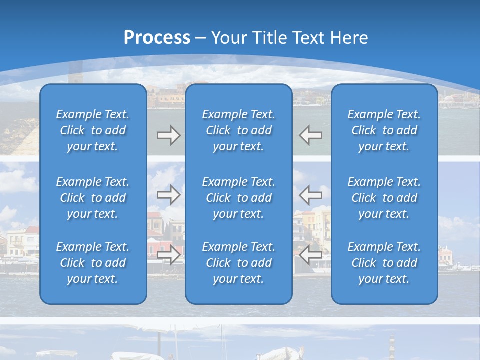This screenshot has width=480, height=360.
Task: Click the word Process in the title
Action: click(157, 38)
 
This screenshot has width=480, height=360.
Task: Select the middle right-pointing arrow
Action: click(169, 195)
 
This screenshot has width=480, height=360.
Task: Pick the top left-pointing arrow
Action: click(310, 135)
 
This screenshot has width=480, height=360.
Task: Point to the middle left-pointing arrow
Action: click(310, 195)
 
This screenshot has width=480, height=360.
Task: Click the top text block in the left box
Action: click(93, 130)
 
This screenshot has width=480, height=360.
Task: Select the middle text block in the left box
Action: click(93, 198)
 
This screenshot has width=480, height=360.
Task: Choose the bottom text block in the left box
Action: click(93, 263)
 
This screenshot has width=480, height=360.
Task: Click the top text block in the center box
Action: click(238, 130)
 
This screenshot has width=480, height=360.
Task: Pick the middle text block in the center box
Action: click(238, 198)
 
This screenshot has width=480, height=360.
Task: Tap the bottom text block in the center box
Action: click(238, 263)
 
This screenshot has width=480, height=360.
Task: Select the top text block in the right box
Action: click(384, 130)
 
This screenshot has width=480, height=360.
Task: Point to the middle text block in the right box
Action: click(384, 198)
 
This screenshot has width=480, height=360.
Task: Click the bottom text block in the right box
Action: click(384, 263)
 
